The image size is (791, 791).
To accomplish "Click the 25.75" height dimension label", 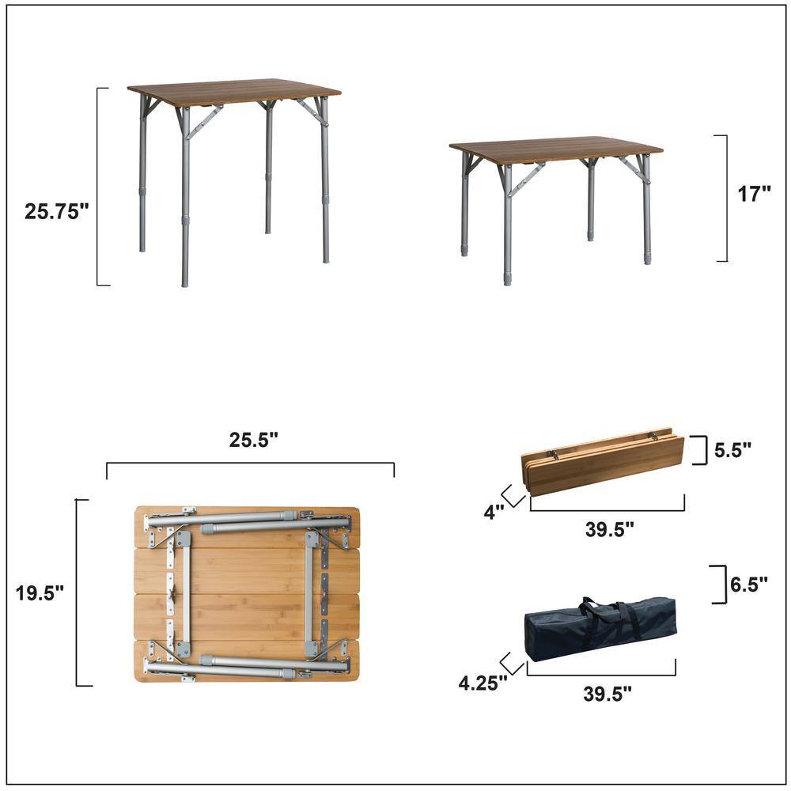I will (x=56, y=211).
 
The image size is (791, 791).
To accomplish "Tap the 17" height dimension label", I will (x=754, y=195).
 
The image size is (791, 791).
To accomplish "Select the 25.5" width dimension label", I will (x=253, y=441).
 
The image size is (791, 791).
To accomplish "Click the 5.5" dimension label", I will (x=732, y=450).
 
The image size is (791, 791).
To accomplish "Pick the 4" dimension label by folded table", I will (x=494, y=512).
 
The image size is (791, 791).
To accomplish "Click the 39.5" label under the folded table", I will (x=609, y=530).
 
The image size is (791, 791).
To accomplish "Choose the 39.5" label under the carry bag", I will (x=607, y=694).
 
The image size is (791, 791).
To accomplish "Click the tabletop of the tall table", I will (x=233, y=91).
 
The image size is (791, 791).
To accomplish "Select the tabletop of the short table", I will (x=555, y=149).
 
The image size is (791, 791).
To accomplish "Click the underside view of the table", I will (x=247, y=593).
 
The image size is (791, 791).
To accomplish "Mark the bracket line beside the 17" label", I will (x=725, y=198).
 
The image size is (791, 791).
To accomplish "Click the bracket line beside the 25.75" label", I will (x=98, y=186).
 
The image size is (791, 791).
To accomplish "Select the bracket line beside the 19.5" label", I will (x=78, y=593).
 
